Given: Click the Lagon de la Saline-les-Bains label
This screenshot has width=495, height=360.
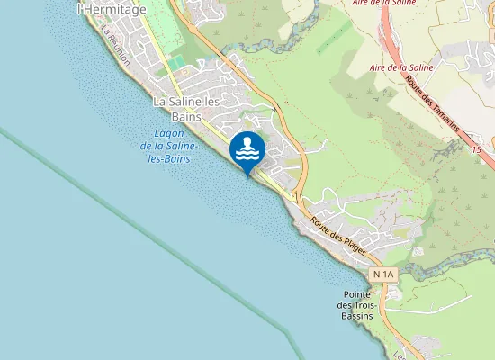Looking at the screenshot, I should pyautogui.click(x=170, y=145).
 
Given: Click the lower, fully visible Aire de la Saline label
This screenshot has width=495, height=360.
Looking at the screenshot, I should pyautogui.click(x=401, y=67).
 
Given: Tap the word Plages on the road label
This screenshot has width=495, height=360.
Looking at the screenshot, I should pyautogui.click(x=354, y=241).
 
